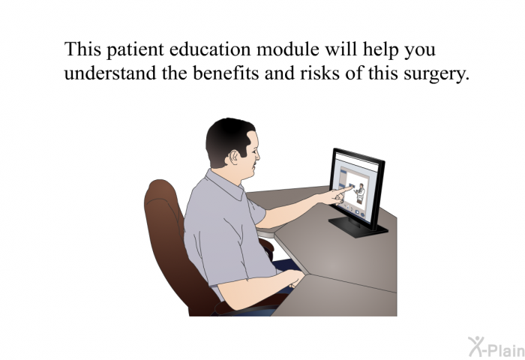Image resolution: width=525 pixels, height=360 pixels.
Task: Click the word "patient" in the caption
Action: (x=135, y=50)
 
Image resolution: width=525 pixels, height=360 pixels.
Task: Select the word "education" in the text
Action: (x=210, y=49)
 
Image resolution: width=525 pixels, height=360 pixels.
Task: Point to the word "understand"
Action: (x=110, y=73)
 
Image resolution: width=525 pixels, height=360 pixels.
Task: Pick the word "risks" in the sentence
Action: (x=319, y=73)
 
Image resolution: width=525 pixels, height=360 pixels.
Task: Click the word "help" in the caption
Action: (x=381, y=50)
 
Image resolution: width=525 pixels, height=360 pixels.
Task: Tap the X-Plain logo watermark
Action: (x=496, y=346)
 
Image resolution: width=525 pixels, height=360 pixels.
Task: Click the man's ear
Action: (x=233, y=157)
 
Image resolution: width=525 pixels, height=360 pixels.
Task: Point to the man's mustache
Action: (x=255, y=163)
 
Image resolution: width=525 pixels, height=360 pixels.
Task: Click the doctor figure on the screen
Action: (x=360, y=193)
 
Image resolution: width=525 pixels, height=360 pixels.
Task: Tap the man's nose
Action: (x=257, y=154)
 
